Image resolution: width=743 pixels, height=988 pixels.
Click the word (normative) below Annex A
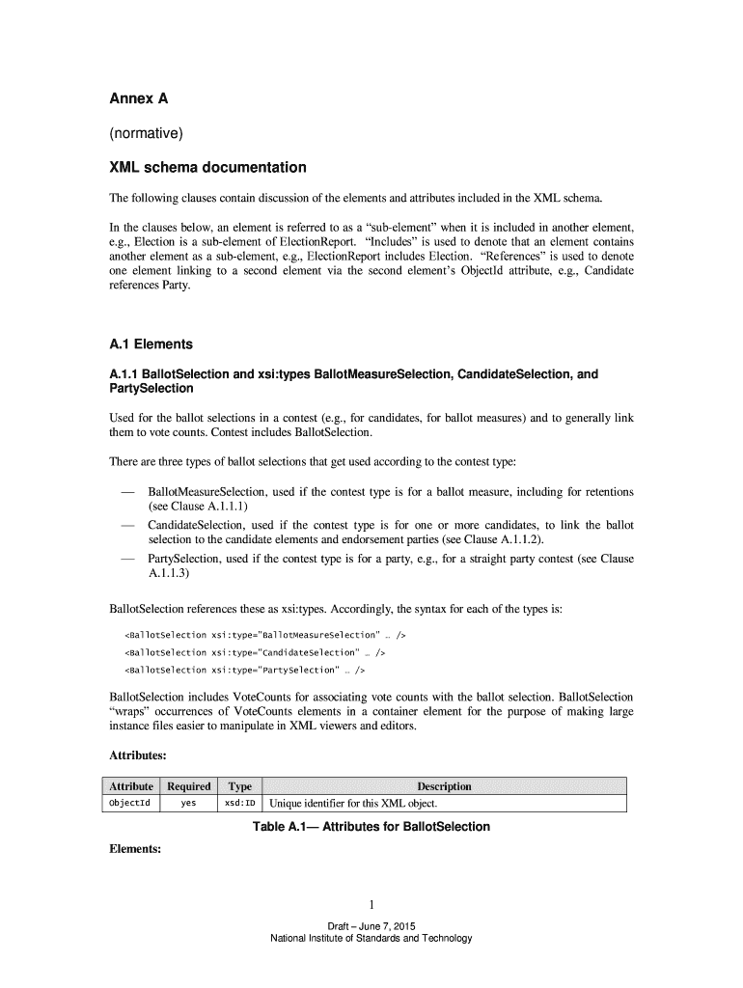tap(141, 133)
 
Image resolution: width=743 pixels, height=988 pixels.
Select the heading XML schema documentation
tap(206, 168)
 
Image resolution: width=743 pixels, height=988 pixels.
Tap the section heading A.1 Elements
tap(150, 344)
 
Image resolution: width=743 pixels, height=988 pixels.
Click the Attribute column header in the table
tap(131, 786)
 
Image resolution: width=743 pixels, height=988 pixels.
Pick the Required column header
tap(188, 786)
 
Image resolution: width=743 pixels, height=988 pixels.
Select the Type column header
tap(238, 786)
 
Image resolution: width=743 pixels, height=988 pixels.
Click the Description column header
tap(444, 786)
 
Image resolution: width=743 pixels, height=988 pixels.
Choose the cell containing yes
tap(188, 804)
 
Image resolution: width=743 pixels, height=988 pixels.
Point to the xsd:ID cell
tap(239, 804)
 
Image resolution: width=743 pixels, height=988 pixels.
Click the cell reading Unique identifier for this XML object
tap(354, 804)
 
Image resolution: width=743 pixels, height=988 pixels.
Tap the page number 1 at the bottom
tap(371, 904)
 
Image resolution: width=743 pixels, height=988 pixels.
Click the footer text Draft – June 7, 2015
tap(371, 927)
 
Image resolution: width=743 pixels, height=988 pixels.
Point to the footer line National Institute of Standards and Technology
tap(371, 939)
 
